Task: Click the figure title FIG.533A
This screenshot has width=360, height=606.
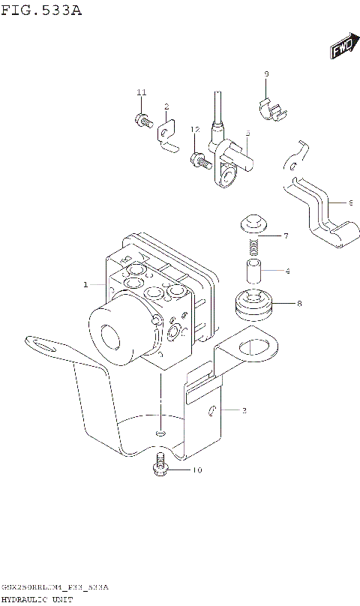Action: point(42,10)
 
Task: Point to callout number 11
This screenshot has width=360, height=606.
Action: point(141,92)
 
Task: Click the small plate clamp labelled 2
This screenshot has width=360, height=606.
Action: point(167,136)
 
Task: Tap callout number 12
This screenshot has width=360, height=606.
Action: point(195,130)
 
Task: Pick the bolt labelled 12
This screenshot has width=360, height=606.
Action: point(199,159)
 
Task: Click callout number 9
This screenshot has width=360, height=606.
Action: point(265,73)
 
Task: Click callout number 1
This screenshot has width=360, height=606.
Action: point(85,285)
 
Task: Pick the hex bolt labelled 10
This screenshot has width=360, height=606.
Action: point(159,466)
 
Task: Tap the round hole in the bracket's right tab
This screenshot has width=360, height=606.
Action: point(246,346)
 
